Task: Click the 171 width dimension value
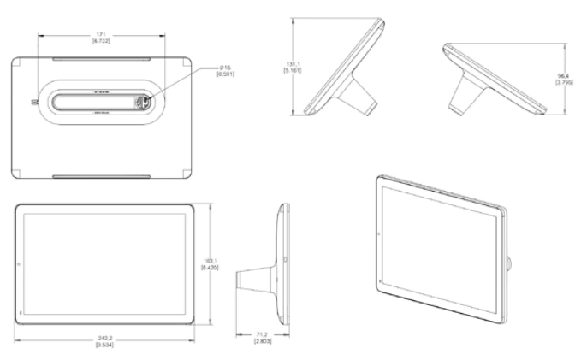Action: [101, 34]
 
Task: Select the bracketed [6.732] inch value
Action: [101, 41]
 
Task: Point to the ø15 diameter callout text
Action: [226, 67]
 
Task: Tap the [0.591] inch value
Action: [226, 74]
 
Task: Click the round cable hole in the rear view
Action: [144, 101]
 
